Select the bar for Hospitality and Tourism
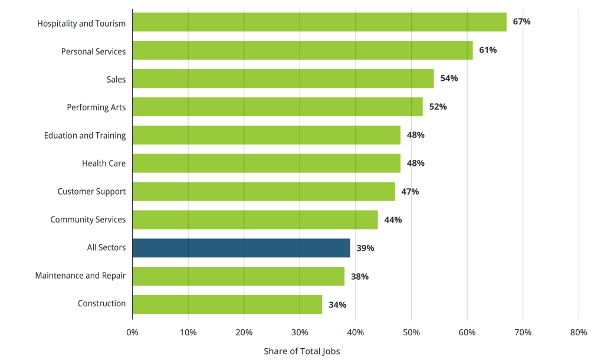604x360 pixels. (319, 22)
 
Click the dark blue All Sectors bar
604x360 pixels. (241, 248)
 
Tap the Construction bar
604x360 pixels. (227, 305)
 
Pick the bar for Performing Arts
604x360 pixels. (277, 107)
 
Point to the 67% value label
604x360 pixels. (521, 22)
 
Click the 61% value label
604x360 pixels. (488, 50)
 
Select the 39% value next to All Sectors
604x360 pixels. (365, 248)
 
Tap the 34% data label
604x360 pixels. (337, 305)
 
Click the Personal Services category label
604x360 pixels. (93, 51)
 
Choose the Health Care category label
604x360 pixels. (104, 163)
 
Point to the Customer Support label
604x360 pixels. (91, 191)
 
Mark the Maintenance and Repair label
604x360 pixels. (80, 276)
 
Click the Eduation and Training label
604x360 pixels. (85, 135)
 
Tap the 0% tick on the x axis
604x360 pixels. (133, 332)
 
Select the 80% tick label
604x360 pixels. (579, 332)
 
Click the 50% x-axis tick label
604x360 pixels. (411, 332)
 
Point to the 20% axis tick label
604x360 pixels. (244, 332)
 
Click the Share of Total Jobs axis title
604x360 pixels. (302, 351)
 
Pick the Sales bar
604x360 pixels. (283, 78)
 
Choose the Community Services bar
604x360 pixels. (255, 220)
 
